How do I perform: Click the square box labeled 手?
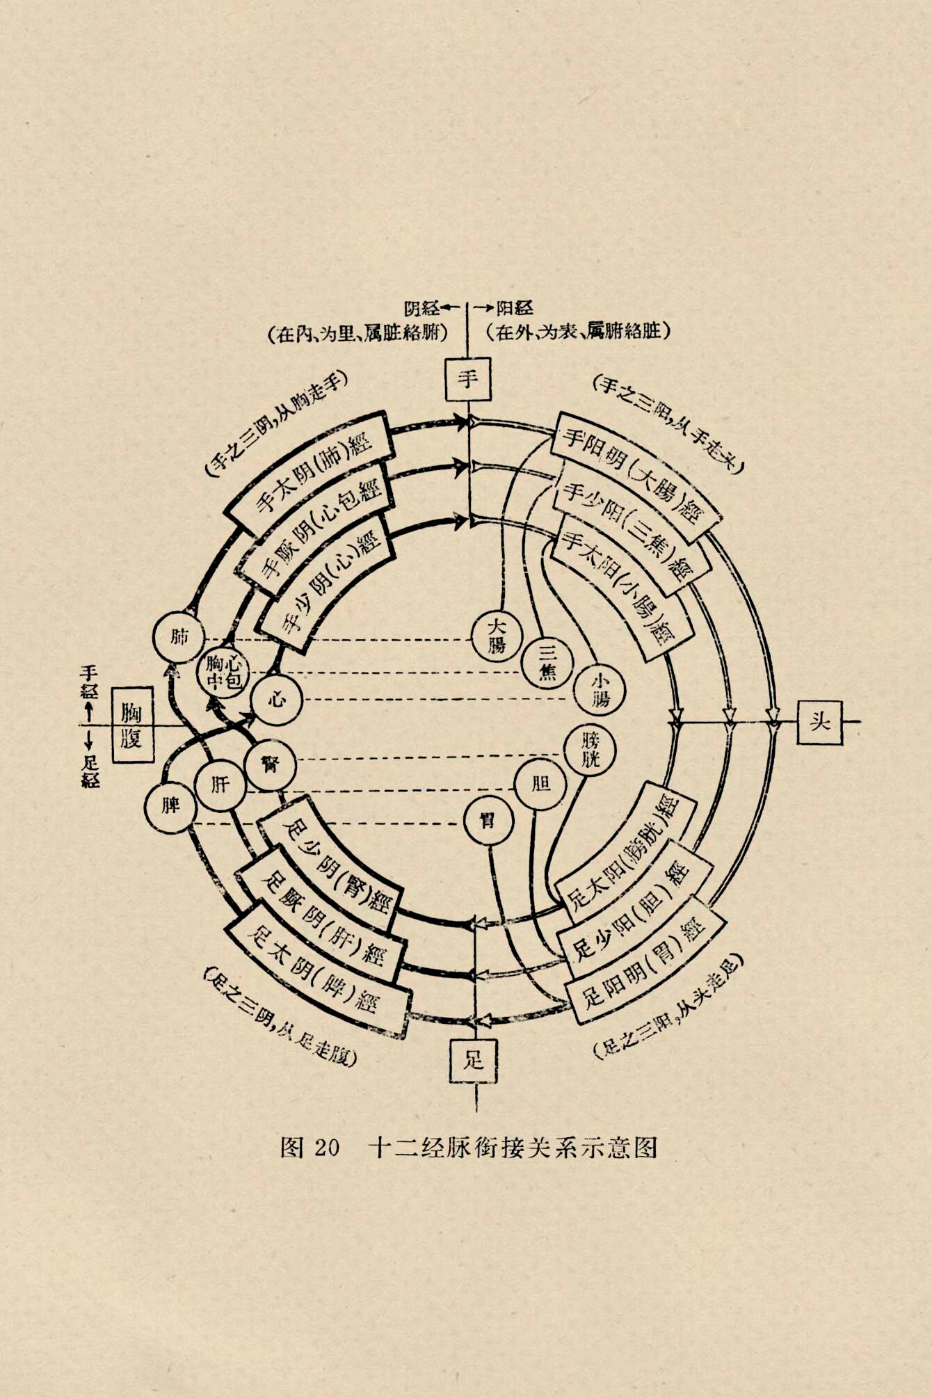(x=467, y=380)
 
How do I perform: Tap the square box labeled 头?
(x=819, y=722)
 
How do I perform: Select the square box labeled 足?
(x=474, y=1061)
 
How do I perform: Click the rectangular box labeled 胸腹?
(x=132, y=725)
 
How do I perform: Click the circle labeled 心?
(x=276, y=699)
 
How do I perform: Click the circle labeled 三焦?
(x=548, y=661)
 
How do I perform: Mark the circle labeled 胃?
(x=488, y=821)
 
